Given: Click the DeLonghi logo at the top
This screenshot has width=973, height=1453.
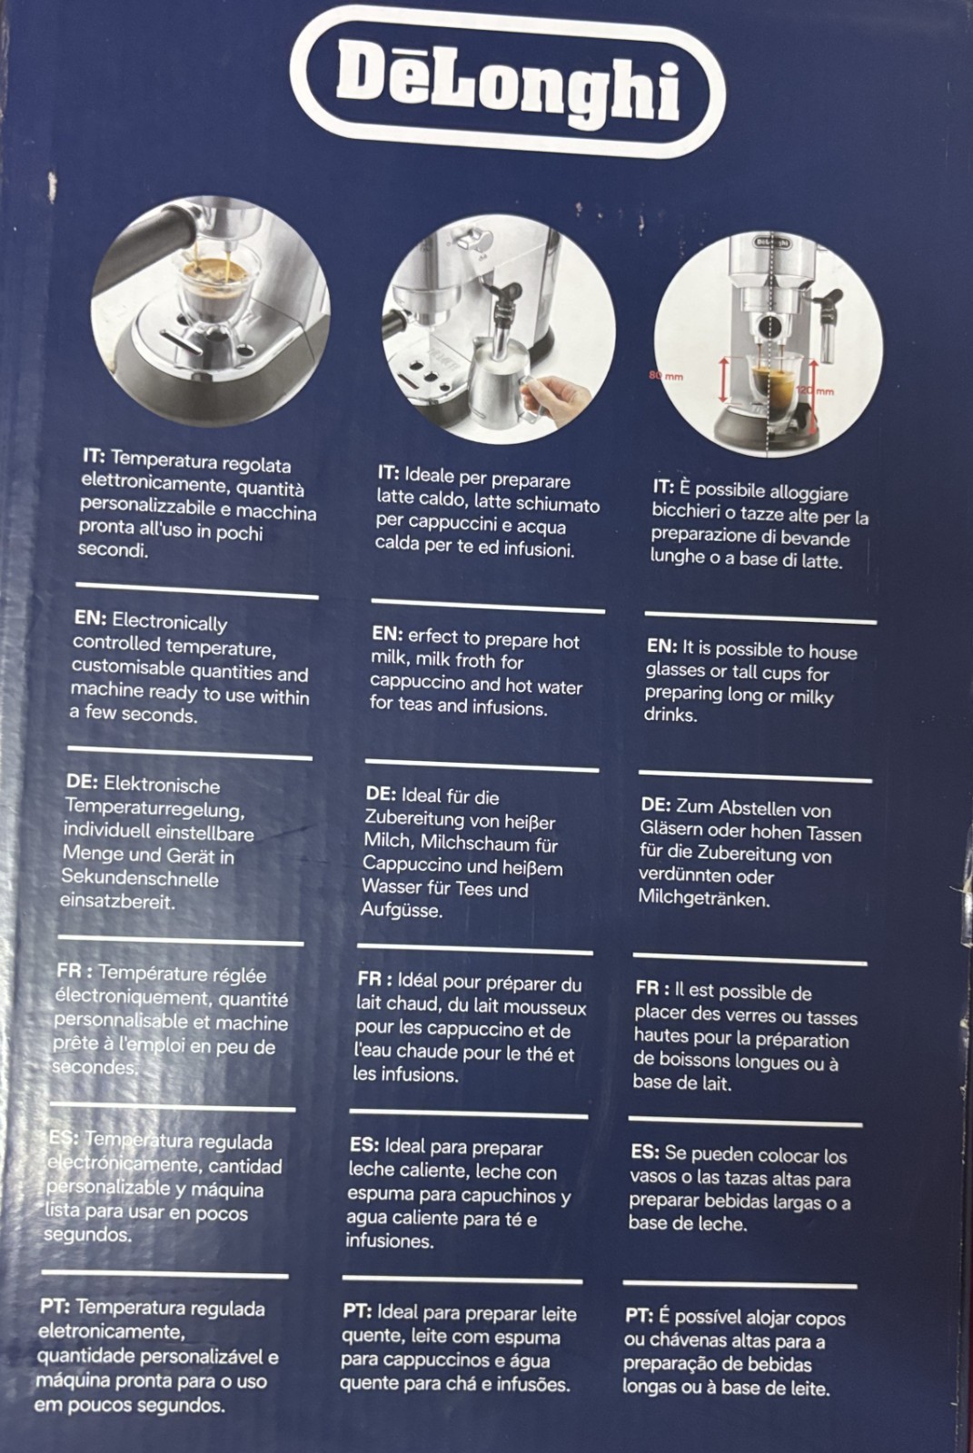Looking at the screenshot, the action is [x=508, y=85].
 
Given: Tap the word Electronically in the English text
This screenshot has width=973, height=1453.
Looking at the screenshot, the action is [x=169, y=622].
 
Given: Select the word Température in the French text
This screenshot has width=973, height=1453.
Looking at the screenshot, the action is [x=183, y=974].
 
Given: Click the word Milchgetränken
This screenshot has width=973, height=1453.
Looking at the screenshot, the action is [x=704, y=899].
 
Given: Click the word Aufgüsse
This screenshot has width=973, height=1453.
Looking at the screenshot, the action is [x=402, y=910].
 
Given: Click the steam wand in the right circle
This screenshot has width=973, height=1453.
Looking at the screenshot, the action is [x=828, y=324].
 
